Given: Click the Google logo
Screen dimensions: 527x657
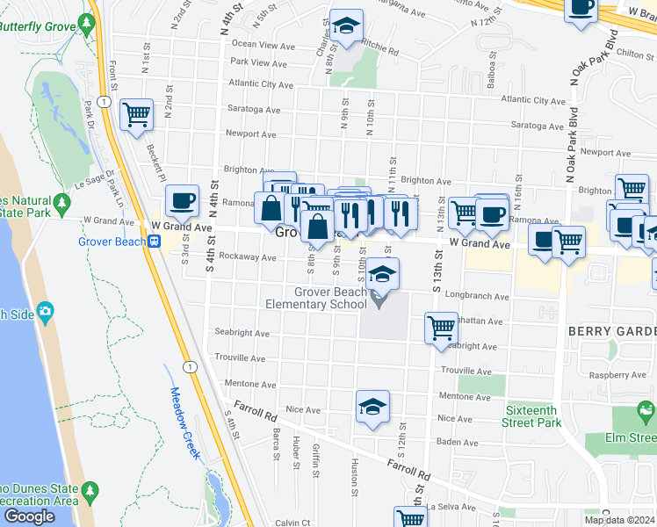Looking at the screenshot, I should point(29,516).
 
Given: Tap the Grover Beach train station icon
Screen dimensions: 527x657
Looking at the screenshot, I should point(154,242).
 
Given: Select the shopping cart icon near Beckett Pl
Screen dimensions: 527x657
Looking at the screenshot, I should point(136,114).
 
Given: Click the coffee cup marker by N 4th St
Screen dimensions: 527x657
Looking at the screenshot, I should point(182,202).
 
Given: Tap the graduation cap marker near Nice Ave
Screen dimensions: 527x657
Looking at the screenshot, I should point(372,407).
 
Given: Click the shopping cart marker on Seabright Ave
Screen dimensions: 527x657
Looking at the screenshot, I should point(441,328).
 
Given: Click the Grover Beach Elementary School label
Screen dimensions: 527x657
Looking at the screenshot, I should point(316,298).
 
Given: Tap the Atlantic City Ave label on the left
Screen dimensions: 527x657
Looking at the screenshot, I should point(260,85).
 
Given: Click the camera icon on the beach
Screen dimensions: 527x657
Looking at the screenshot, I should point(45,312).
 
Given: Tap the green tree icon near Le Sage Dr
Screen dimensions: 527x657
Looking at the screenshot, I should point(61,205).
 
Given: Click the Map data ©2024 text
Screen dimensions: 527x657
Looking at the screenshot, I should point(618,520).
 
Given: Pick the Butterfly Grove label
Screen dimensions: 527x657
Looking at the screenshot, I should point(37,26).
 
